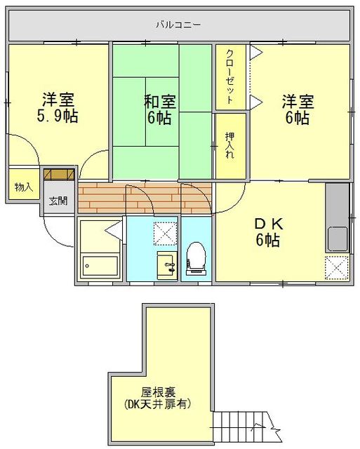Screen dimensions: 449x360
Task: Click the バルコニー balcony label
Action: tap(178, 25)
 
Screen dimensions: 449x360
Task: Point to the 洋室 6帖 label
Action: tap(296, 108)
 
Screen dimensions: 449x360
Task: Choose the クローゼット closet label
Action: tap(226, 77)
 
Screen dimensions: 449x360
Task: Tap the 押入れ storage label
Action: tap(229, 147)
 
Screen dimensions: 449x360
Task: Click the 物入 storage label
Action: tap(23, 187)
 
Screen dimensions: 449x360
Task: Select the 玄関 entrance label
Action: tap(58, 201)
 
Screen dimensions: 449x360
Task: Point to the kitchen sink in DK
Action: tap(337, 239)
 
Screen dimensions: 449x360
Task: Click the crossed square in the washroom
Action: tap(166, 231)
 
